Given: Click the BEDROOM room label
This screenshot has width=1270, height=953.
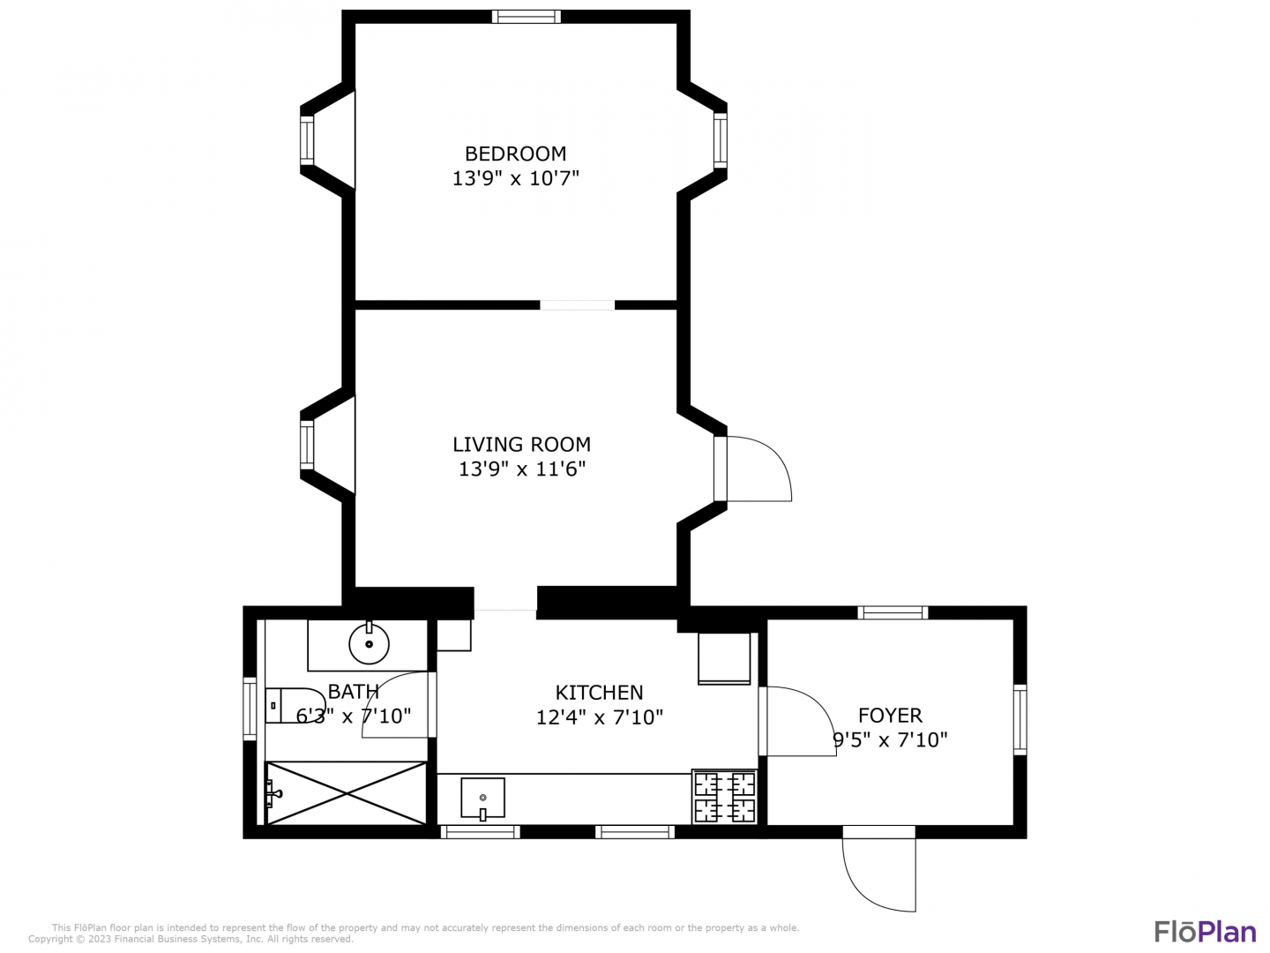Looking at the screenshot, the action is pos(515,154).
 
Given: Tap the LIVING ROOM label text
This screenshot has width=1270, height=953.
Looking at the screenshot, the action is pos(521,445).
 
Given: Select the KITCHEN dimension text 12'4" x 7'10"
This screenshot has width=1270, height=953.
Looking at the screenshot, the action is pos(599,717).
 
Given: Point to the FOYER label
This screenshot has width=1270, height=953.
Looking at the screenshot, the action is pos(889,716).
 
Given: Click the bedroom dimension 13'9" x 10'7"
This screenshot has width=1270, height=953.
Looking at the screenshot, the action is pos(515,178).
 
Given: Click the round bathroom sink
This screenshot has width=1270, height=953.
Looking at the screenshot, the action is pos(369,643).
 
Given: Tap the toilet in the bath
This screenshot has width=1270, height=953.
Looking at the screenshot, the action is pos(295,705).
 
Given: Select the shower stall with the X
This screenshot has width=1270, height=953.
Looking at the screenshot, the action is pos(346,792).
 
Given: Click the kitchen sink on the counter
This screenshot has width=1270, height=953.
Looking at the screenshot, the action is pos(482,798).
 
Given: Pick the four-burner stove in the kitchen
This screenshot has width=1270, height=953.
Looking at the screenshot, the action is pos(724,797).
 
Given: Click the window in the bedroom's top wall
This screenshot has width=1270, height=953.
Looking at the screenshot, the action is pos(526,16).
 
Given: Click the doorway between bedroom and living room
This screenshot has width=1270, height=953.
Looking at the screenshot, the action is pos(577,305).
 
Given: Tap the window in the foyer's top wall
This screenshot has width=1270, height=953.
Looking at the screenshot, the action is pos(893,612).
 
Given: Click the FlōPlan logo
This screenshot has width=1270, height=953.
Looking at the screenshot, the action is pos(1205,932).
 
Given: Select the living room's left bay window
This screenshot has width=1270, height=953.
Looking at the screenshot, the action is pos(307,445).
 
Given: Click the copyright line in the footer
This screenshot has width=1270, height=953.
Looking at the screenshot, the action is pos(190,939).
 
